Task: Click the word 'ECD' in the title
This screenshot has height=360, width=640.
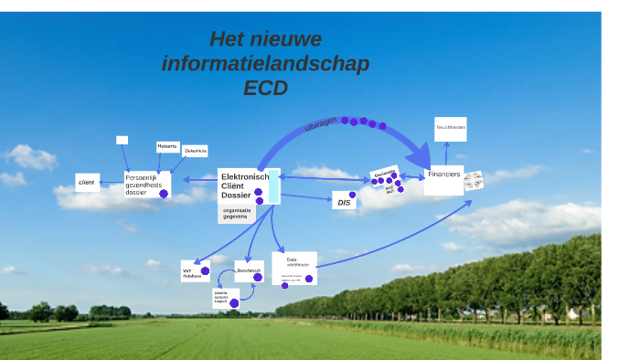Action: coord(265,88)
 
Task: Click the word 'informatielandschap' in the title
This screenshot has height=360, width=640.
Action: coord(265,63)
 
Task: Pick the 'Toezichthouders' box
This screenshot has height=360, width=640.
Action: coord(450,128)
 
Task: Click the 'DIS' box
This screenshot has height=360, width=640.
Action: coord(345,203)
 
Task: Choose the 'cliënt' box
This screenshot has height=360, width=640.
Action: coord(87,183)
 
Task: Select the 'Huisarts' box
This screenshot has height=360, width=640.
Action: coord(166,146)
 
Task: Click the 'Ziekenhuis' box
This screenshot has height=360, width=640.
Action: coord(195,151)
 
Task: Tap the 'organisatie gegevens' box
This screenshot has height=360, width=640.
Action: coord(237,213)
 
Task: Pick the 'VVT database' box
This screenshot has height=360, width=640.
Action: coord(192,271)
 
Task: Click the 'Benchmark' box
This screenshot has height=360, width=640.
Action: coord(249,271)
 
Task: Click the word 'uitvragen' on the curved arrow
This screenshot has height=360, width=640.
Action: coord(321,124)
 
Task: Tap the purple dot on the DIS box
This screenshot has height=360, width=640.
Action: coord(353,195)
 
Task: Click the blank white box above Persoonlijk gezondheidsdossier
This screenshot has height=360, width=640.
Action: coord(122,140)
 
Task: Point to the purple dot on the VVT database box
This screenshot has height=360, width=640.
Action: coord(205,271)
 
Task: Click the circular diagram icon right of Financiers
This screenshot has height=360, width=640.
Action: coord(474,180)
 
